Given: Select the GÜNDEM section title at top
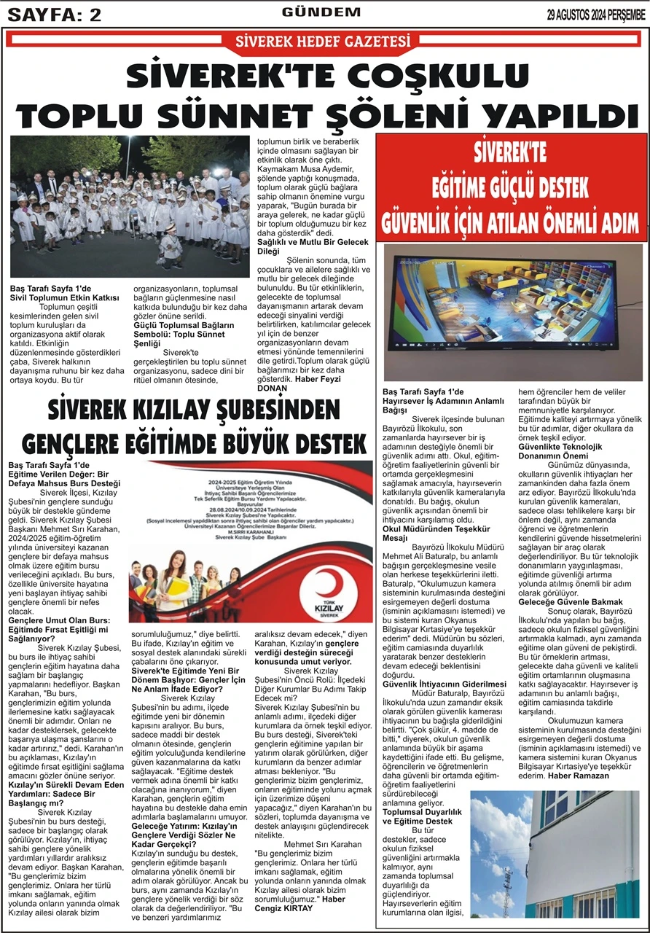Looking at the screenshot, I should click(x=321, y=12).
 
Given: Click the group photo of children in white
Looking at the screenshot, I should click(x=130, y=206).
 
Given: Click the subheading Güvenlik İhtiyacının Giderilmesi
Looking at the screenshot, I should click(x=445, y=684).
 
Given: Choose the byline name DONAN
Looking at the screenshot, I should click(x=273, y=389).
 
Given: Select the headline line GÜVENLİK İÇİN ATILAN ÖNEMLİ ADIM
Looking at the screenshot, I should click(x=510, y=219).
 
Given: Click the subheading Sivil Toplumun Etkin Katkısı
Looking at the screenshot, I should click(x=64, y=298).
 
